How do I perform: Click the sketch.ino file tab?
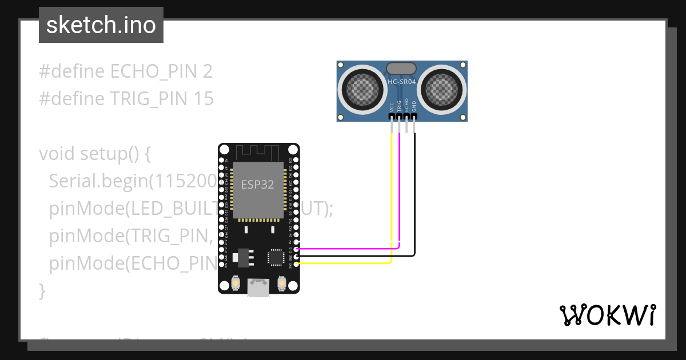coord(101,25)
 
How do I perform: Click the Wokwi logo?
coord(607,315)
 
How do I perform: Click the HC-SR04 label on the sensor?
coord(402,82)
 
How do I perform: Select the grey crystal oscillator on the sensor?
coord(402,69)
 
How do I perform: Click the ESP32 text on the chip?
coord(257,185)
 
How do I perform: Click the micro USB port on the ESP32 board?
coord(258,287)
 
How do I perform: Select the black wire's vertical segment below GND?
coord(414,194)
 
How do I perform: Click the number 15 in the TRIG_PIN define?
coord(204,99)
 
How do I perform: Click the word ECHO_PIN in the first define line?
coord(154,71)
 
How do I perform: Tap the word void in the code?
coord(57,154)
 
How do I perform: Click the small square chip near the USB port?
coord(277,257)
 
